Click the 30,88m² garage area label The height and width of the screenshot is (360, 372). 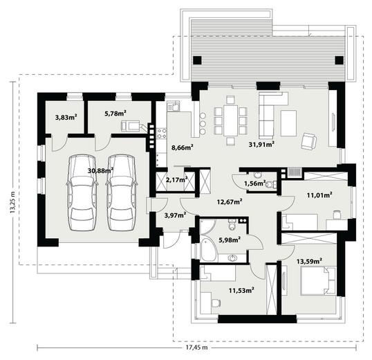pyautogui.click(x=100, y=170)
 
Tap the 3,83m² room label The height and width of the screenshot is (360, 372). pyautogui.click(x=66, y=117)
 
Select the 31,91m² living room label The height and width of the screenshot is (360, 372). pyautogui.click(x=261, y=144)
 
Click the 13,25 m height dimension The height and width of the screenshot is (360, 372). pyautogui.click(x=12, y=202)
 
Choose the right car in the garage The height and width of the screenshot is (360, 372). pyautogui.click(x=122, y=192)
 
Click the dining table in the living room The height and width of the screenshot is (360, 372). pyautogui.click(x=231, y=120)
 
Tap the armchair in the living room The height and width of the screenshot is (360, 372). pyautogui.click(x=309, y=141)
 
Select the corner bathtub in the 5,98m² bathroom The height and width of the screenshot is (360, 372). pyautogui.click(x=208, y=250)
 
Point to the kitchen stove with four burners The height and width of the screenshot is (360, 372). pyautogui.click(x=162, y=133)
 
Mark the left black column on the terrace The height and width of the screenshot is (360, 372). pyautogui.click(x=197, y=60)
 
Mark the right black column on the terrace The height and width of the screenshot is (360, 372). pyautogui.click(x=340, y=60)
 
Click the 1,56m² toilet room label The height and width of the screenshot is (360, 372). pyautogui.click(x=255, y=183)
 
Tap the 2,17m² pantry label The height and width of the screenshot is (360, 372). pyautogui.click(x=176, y=180)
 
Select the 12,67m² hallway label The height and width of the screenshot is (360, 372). pyautogui.click(x=230, y=202)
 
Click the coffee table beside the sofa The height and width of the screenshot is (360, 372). pyautogui.click(x=288, y=123)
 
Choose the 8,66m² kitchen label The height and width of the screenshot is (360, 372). pyautogui.click(x=183, y=147)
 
